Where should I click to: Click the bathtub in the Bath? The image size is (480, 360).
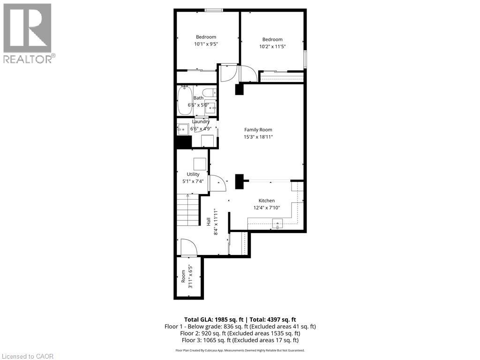point(184,101)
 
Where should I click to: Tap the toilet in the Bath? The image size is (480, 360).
point(209,92)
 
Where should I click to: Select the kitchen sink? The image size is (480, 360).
point(278,225)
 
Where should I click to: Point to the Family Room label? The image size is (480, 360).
point(258,130)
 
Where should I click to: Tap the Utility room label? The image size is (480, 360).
point(193,174)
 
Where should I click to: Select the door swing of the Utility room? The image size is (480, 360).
point(217,183)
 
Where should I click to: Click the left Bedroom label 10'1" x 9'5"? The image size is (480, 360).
point(206,44)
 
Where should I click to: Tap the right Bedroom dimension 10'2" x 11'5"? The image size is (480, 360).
point(272,46)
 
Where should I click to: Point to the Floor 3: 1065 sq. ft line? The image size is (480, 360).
point(240,340)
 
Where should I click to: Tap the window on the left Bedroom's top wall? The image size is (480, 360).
point(213,10)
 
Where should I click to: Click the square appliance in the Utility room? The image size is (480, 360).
point(200,164)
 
